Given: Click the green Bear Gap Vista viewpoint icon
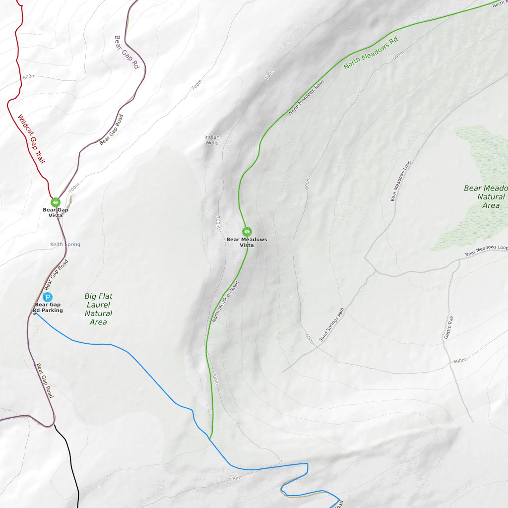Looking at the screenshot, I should tap(56, 202).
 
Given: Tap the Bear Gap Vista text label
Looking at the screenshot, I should tap(56, 213).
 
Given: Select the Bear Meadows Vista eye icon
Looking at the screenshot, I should tap(247, 231).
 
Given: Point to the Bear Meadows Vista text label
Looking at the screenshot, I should tap(247, 242).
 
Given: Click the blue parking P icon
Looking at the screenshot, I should tap(48, 298).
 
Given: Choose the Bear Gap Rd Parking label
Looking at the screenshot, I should tap(48, 308).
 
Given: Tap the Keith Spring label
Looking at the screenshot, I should tap(65, 244).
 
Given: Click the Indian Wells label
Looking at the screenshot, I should tap(212, 140).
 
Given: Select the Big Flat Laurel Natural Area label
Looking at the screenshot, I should tap(98, 309).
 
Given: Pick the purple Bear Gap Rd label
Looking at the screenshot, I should tap(127, 52).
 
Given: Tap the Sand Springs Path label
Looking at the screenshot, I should tap(331, 325).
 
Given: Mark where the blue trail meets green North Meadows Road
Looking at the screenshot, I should tap(210, 439).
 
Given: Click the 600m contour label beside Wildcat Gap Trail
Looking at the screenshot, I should tap(29, 76).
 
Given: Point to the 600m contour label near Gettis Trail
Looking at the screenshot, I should tap(459, 361).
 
